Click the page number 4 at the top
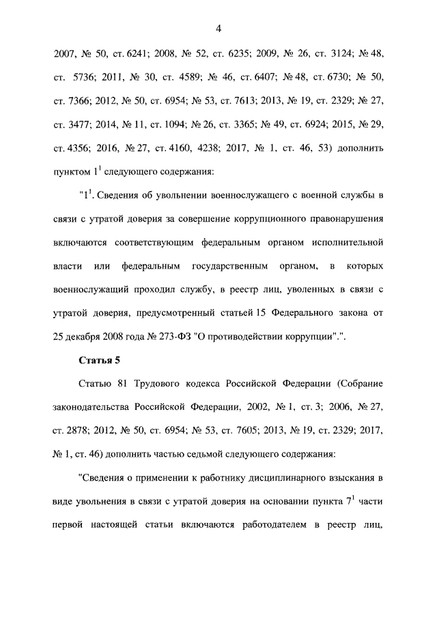218,28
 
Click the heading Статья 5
100,359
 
